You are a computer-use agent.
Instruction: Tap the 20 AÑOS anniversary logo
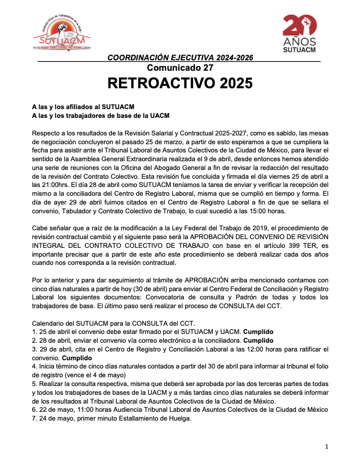[x=300, y=35]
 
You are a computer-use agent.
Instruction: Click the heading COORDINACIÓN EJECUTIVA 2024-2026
[x=180, y=58]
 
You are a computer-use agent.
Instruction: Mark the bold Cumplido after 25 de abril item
[x=258, y=332]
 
